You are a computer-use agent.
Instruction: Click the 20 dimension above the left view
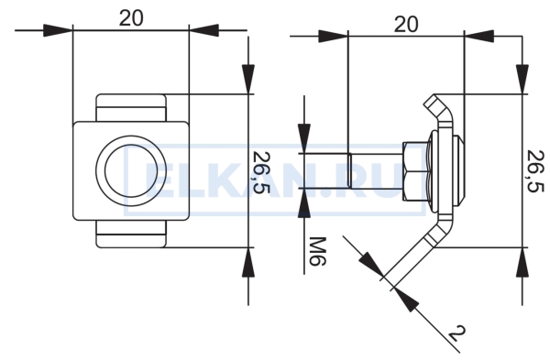[x=131, y=18]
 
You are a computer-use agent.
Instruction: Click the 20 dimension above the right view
[x=406, y=24]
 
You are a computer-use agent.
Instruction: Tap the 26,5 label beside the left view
[x=261, y=172]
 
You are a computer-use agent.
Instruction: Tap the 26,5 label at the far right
[x=535, y=171]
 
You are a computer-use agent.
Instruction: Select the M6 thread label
[x=318, y=251]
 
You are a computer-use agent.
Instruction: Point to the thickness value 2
[x=457, y=333]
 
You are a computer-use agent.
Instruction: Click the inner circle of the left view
[x=131, y=170]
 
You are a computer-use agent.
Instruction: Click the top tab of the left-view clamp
[x=131, y=108]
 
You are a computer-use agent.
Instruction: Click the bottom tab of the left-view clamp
[x=131, y=235]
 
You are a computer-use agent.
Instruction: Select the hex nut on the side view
[x=415, y=171]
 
